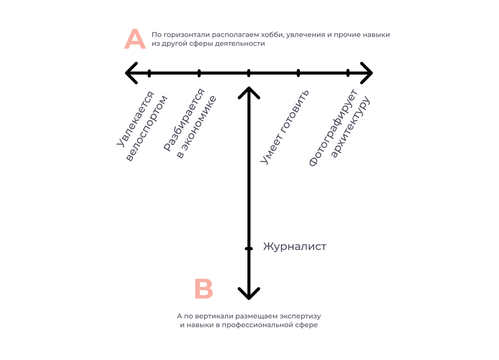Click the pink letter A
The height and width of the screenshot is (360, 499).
pos(135,39)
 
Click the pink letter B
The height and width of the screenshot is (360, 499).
pos(204,289)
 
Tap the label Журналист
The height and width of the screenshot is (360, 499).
pos(295,247)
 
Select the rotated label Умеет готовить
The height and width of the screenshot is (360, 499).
pos(285,127)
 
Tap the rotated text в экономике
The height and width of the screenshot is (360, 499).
pos(196,127)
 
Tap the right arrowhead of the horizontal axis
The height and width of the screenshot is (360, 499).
pos(367,73)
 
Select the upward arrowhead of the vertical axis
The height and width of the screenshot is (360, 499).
pos(249,92)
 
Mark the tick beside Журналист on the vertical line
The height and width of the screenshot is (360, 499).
pos(249,249)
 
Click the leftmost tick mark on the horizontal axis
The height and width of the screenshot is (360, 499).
pos(149,73)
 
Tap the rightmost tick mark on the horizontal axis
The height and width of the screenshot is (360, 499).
pos(348,73)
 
